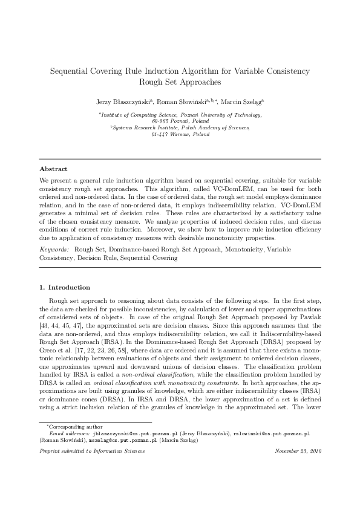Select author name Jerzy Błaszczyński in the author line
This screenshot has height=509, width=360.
pyautogui.click(x=123, y=102)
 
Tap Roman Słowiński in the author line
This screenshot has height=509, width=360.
pyautogui.click(x=184, y=102)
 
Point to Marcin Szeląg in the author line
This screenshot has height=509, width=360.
pyautogui.click(x=242, y=102)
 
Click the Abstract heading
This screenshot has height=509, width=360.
pyautogui.click(x=53, y=169)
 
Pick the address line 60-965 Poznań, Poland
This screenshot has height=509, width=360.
pyautogui.click(x=180, y=121)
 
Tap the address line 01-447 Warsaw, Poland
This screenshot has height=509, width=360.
pyautogui.click(x=180, y=134)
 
